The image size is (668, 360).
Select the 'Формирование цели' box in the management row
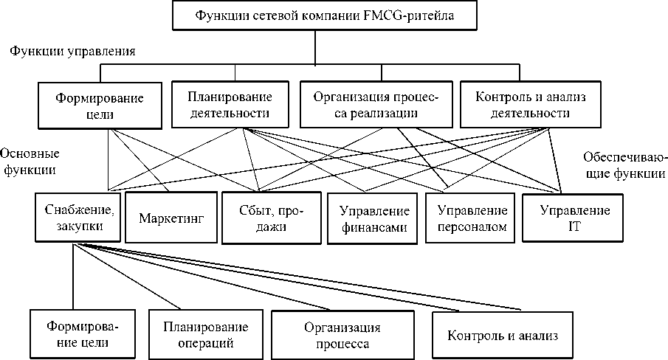(100, 105)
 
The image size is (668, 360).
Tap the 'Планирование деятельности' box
(230, 105)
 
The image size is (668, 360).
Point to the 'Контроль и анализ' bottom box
(501, 335)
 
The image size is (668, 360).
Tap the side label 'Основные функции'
(30, 162)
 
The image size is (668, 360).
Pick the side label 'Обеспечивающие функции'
(624, 166)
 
